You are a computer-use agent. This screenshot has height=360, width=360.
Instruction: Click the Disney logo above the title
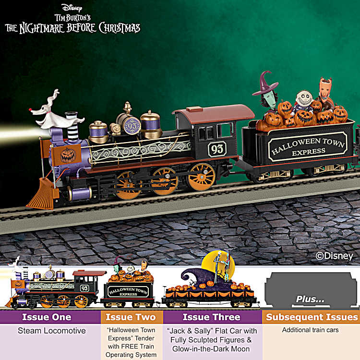(x=72, y=8)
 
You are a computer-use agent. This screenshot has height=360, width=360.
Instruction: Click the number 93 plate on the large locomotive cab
(x=217, y=149)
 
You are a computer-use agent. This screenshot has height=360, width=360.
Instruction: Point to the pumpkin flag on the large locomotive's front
(x=66, y=155)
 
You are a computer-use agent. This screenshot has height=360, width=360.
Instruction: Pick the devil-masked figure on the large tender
(x=325, y=92)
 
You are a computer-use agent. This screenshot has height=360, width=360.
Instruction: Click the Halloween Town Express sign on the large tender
(x=308, y=146)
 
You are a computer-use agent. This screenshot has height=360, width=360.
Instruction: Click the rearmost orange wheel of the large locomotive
(x=202, y=177)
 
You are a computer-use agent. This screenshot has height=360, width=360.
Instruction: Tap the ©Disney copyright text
(x=334, y=256)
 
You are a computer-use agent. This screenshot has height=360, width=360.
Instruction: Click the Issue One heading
(x=47, y=317)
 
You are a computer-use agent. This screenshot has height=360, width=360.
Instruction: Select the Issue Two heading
(x=131, y=317)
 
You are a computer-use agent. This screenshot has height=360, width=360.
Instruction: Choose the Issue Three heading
(x=212, y=317)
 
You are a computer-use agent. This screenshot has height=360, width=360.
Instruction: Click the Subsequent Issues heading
(x=312, y=317)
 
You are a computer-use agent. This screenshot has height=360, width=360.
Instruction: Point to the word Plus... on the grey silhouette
(x=310, y=299)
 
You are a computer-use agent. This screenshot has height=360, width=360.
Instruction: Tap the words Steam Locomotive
(x=52, y=331)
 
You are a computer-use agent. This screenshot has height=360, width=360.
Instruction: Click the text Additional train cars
(x=311, y=330)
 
